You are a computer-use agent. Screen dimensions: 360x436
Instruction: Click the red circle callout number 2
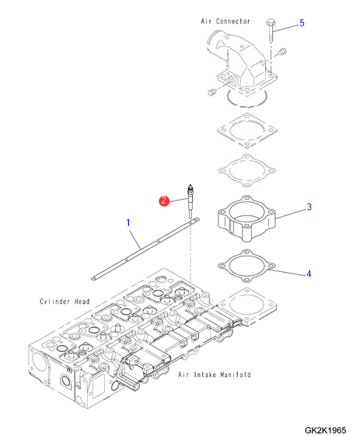pos(164,201)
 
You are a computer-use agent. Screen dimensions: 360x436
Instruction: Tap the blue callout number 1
pos(128,222)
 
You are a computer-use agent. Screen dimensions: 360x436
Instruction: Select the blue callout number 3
pos(309,207)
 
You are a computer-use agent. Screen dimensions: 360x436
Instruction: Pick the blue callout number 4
pos(309,274)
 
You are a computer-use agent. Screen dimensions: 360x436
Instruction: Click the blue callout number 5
pos(302,23)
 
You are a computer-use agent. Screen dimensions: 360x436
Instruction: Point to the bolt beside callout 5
pos(271,30)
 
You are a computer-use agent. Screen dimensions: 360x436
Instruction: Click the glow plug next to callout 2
pos(190,201)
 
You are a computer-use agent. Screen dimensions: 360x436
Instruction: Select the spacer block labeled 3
pos(246,218)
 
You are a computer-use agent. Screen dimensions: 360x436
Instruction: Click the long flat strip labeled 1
pos(145,249)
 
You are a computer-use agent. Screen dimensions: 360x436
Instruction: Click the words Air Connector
pos(225,21)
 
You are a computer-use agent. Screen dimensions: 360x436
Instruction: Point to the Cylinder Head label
pos(65,302)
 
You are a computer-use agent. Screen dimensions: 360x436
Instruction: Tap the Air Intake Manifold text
pos(215,375)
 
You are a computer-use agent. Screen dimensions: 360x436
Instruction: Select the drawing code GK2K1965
pos(326,430)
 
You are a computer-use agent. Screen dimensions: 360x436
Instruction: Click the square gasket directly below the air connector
pos(247,130)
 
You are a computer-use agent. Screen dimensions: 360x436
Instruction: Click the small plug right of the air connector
pos(283,52)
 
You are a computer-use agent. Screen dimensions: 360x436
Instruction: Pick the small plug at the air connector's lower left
pos(212,92)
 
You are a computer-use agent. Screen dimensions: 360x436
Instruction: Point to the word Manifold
pos(236,375)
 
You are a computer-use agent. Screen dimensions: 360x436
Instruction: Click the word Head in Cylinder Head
pos(82,302)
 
